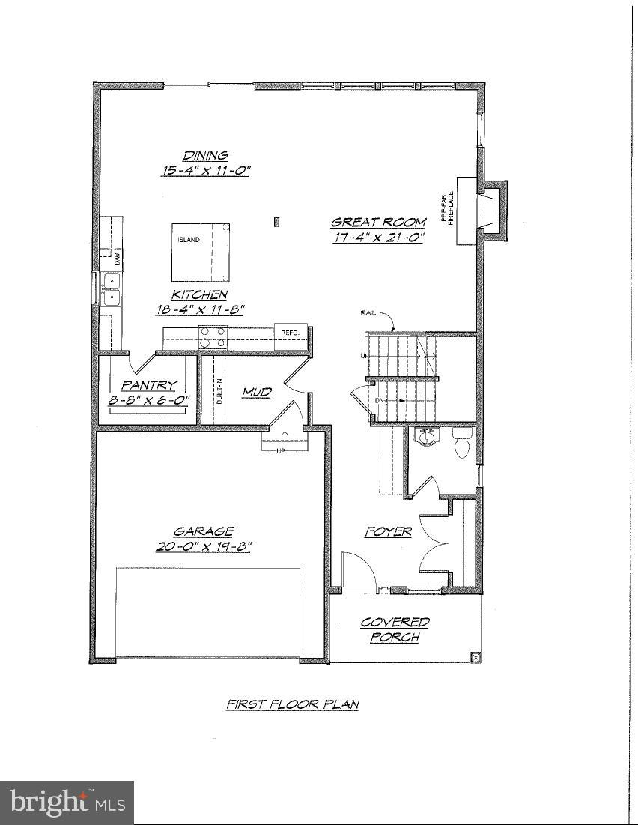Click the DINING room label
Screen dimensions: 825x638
click(x=205, y=156)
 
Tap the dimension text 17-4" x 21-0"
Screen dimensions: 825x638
click(x=379, y=238)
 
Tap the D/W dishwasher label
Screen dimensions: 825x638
click(x=117, y=259)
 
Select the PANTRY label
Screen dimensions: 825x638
click(x=149, y=385)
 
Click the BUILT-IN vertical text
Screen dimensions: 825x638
click(x=219, y=390)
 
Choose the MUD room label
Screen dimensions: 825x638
click(x=256, y=392)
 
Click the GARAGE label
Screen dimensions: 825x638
click(x=204, y=531)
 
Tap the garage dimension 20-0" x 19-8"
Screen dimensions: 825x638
click(x=204, y=546)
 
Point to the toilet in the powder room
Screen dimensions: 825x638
click(x=461, y=442)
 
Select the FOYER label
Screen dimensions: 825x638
click(x=388, y=531)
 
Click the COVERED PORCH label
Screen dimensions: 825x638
click(x=395, y=629)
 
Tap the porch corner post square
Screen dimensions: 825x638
click(x=475, y=657)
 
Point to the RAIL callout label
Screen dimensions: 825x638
click(x=368, y=313)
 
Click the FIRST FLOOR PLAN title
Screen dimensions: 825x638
click(x=293, y=704)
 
